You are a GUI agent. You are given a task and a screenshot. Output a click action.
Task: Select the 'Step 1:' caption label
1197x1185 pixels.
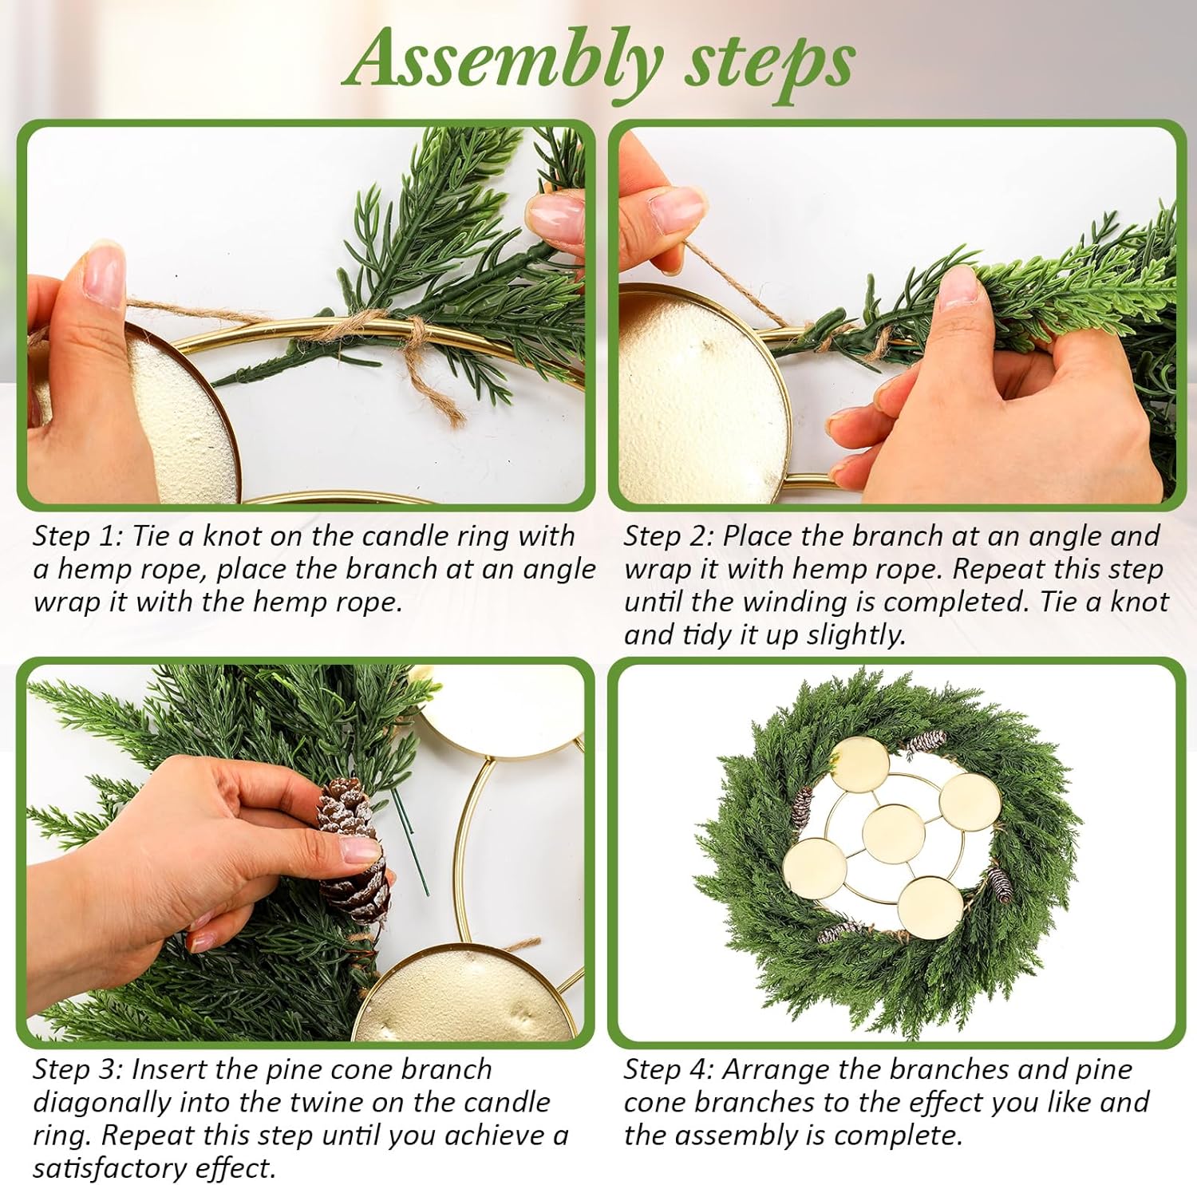[x=77, y=536]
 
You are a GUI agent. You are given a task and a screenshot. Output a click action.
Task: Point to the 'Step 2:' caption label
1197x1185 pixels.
[x=669, y=536]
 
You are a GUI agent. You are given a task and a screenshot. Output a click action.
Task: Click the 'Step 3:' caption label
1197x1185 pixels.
[x=77, y=1069]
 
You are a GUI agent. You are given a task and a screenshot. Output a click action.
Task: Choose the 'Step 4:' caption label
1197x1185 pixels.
[x=669, y=1069]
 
